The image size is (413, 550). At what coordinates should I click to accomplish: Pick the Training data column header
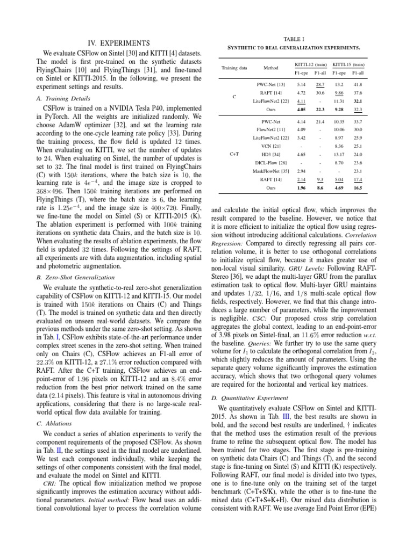[234, 68]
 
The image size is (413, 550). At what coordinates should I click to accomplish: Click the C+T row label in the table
[234, 154]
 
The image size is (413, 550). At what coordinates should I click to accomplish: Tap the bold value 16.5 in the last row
[357, 188]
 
